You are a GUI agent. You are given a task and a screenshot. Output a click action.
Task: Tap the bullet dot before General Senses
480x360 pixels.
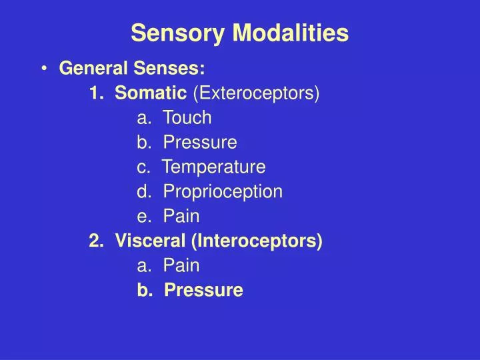point(44,69)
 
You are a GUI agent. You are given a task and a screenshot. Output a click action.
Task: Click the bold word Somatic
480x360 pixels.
point(151,93)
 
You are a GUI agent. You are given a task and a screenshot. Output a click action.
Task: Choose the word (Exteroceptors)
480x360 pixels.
point(256,93)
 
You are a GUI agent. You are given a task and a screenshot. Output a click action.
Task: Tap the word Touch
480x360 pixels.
point(187,118)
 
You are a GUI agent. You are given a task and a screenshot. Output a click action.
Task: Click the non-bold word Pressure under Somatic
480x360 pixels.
point(200,143)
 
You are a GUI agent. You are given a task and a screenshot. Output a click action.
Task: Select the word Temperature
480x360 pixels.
point(214,167)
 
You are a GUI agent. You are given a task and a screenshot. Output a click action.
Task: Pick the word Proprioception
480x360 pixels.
point(223,191)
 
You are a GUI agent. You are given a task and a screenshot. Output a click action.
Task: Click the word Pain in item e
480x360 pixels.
point(181,216)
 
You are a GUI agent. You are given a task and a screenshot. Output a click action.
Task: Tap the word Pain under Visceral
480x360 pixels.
point(181,265)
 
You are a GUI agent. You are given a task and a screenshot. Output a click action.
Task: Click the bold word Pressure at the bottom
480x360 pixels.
point(203,290)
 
